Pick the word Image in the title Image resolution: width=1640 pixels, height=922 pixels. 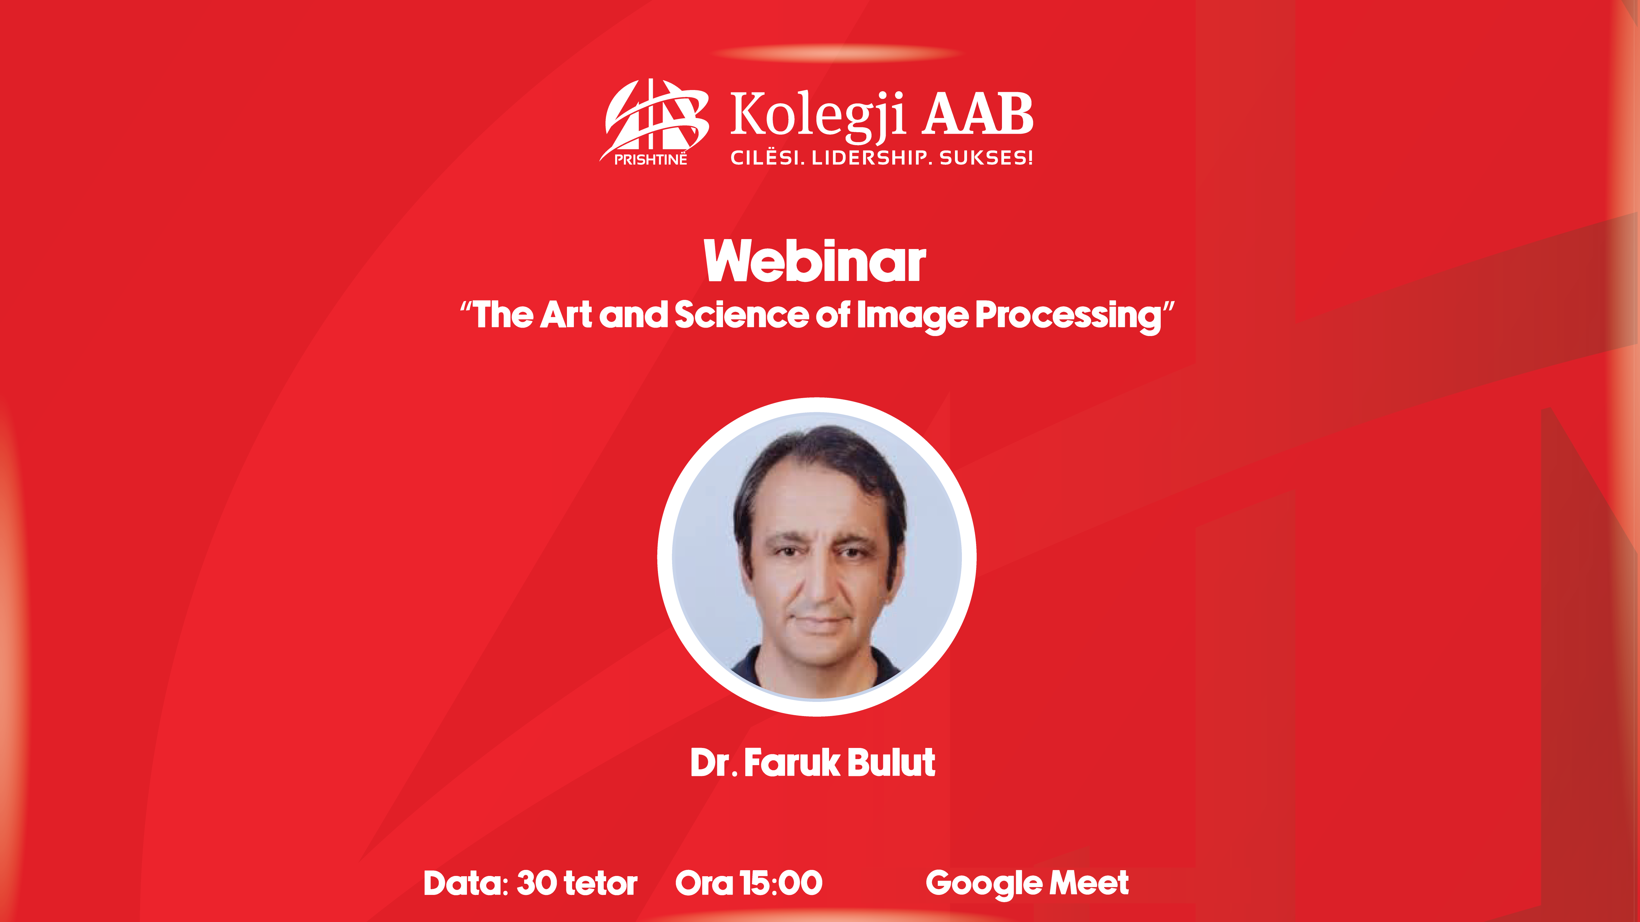coord(912,316)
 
